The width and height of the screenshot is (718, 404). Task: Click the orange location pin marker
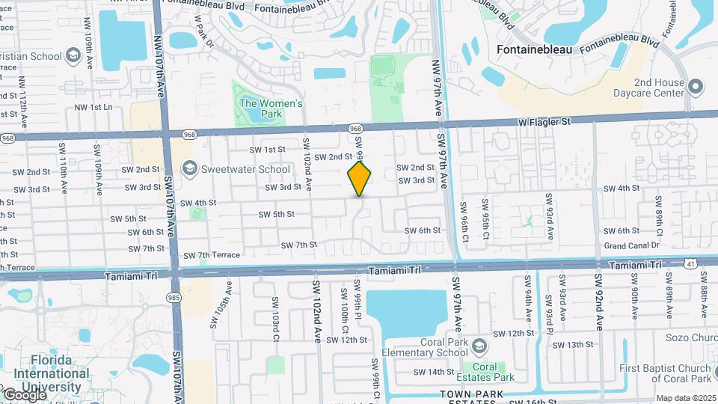tap(360, 178)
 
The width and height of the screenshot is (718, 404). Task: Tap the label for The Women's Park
tap(271, 109)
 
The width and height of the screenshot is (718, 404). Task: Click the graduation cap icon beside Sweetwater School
tap(188, 168)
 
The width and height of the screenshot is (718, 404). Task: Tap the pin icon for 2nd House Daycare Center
tap(696, 88)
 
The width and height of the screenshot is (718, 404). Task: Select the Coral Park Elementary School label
tap(425, 347)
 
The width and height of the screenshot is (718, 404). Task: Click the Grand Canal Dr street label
tap(632, 245)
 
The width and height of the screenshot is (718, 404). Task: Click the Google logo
tap(24, 394)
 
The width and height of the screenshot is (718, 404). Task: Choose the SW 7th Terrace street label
tap(212, 256)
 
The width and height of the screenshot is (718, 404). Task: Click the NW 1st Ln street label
tap(93, 108)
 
